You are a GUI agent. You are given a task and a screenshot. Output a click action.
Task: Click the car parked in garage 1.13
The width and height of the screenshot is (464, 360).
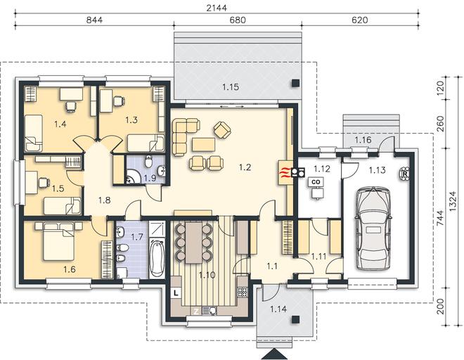(x=373, y=229)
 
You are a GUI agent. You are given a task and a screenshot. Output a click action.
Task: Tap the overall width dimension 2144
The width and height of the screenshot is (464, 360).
(x=217, y=8)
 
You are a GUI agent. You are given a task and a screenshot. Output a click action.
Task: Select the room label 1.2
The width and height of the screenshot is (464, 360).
(x=245, y=167)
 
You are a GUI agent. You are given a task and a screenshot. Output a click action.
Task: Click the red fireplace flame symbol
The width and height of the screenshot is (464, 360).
(x=284, y=172)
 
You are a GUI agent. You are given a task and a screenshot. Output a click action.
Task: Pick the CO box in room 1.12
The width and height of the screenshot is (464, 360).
(x=316, y=182)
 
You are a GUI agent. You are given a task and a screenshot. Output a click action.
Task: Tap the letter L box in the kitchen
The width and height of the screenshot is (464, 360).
(x=176, y=293)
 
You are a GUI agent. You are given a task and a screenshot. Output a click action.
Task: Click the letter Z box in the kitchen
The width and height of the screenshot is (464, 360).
(x=196, y=311)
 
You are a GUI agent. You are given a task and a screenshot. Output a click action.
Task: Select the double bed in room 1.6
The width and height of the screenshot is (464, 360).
(x=58, y=241)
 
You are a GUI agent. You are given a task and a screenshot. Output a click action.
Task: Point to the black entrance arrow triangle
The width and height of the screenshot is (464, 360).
(x=275, y=354)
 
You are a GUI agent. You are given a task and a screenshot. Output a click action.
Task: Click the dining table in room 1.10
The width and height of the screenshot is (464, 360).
(x=194, y=242)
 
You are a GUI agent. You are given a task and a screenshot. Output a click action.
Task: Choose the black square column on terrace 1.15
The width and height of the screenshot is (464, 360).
(x=295, y=83)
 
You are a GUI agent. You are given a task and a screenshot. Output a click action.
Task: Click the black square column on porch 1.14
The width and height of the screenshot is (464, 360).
(x=295, y=319)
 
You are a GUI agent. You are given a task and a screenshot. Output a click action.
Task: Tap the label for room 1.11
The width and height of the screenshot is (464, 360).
(x=318, y=257)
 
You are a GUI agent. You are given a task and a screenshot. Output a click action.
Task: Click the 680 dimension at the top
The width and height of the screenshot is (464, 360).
(x=238, y=20)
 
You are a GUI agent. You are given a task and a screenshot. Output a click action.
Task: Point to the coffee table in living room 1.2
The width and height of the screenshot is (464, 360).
(x=203, y=145)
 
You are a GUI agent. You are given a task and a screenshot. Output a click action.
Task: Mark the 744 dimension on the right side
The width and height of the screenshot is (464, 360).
(x=441, y=219)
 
